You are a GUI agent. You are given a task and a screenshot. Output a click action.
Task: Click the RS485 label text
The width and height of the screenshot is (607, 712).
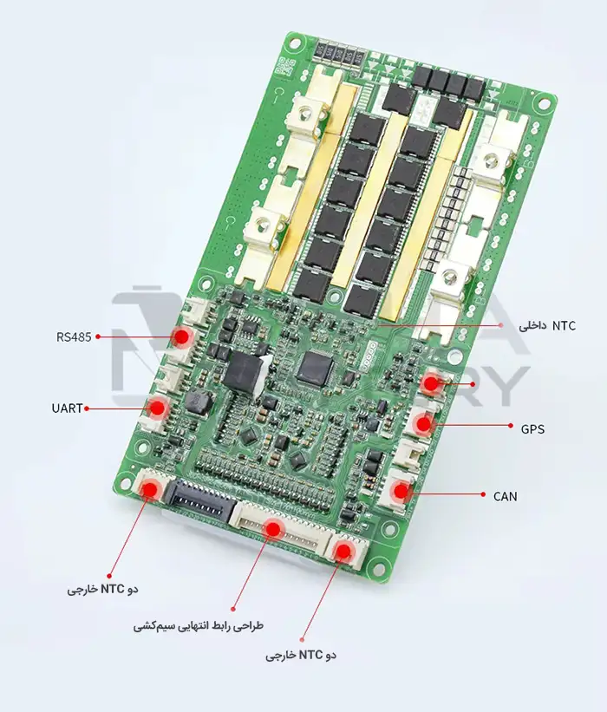coord(74,337)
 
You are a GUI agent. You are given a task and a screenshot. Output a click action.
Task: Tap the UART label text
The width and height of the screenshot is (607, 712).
coord(67,408)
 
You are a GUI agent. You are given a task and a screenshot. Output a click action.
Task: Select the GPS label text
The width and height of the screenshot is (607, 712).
coord(532,428)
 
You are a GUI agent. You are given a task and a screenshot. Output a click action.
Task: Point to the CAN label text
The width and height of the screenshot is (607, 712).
coord(506,496)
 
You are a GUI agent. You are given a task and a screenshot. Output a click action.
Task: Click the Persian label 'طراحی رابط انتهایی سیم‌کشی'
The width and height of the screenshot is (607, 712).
coord(198,626)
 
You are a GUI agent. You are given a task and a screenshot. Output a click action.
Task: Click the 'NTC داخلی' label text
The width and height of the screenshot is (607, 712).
coord(547,325)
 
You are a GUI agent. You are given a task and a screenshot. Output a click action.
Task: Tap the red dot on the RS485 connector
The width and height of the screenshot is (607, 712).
coord(182,337)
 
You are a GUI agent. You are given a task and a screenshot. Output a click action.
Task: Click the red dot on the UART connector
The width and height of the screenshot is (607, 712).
coord(158,408)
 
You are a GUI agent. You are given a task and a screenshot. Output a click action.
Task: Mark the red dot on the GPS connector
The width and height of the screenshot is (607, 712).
coord(423,424)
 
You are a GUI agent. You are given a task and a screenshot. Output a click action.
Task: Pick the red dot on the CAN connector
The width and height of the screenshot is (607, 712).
coord(401,491)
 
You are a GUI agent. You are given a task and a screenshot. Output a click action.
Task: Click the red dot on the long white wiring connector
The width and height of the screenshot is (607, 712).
coord(273,529)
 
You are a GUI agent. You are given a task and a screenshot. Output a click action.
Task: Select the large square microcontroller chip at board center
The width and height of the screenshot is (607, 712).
coord(316,367)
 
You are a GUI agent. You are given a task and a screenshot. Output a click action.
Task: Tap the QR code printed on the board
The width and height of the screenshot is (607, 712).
coord(285,67)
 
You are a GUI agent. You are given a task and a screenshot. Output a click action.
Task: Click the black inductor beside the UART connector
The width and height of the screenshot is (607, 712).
coord(197,402)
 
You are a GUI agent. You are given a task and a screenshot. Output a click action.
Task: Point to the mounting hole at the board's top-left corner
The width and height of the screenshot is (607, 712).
coord(295,43)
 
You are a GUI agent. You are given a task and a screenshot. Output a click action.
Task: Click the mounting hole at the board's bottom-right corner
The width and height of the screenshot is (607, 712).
coord(378,566)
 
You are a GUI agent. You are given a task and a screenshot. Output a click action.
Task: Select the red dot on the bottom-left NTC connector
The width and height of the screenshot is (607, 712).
coord(149,489)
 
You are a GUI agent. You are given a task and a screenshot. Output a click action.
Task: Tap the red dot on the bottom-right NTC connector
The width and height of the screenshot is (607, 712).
coord(343,551)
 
